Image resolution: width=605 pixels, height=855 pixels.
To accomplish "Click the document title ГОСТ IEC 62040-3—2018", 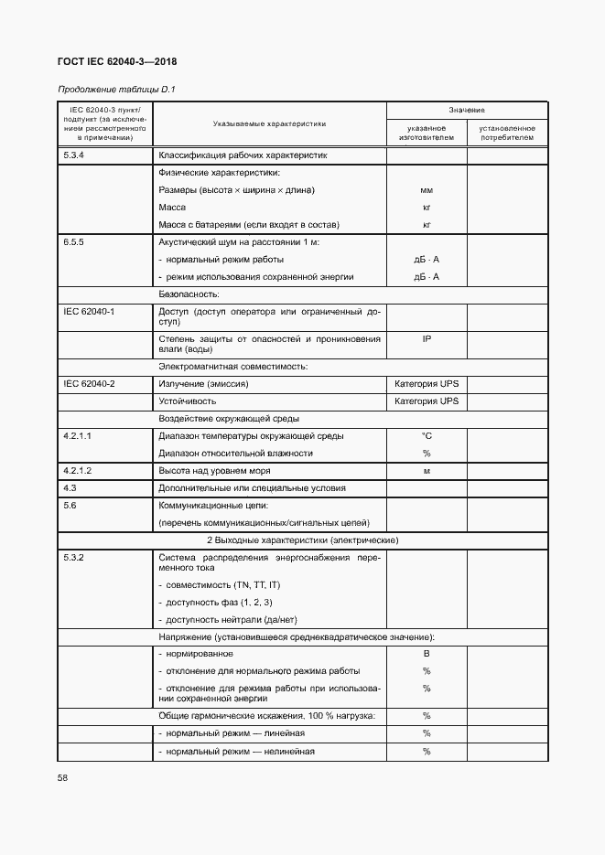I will point(117,62).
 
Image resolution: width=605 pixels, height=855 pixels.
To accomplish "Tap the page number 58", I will point(62,777).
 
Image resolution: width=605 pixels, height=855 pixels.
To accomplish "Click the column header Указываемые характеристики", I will point(269,123).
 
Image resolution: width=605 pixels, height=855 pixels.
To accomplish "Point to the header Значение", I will point(467,110).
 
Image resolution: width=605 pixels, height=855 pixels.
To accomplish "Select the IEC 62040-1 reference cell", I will point(89,312).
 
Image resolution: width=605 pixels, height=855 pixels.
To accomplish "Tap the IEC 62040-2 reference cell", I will point(89,384).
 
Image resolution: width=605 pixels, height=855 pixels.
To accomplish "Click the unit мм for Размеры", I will point(427,190).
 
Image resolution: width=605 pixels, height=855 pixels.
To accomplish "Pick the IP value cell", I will point(427,339).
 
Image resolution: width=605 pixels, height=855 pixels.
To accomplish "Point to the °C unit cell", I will point(427,436).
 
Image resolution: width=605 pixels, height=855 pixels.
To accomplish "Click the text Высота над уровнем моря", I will point(219,470).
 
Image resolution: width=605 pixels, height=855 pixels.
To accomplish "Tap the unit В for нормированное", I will point(427,654).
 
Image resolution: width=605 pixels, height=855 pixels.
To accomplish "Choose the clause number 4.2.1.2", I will point(78,470).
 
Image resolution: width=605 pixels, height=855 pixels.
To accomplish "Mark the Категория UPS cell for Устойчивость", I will point(427,401).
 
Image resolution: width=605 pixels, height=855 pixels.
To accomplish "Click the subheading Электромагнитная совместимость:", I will point(233,367).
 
